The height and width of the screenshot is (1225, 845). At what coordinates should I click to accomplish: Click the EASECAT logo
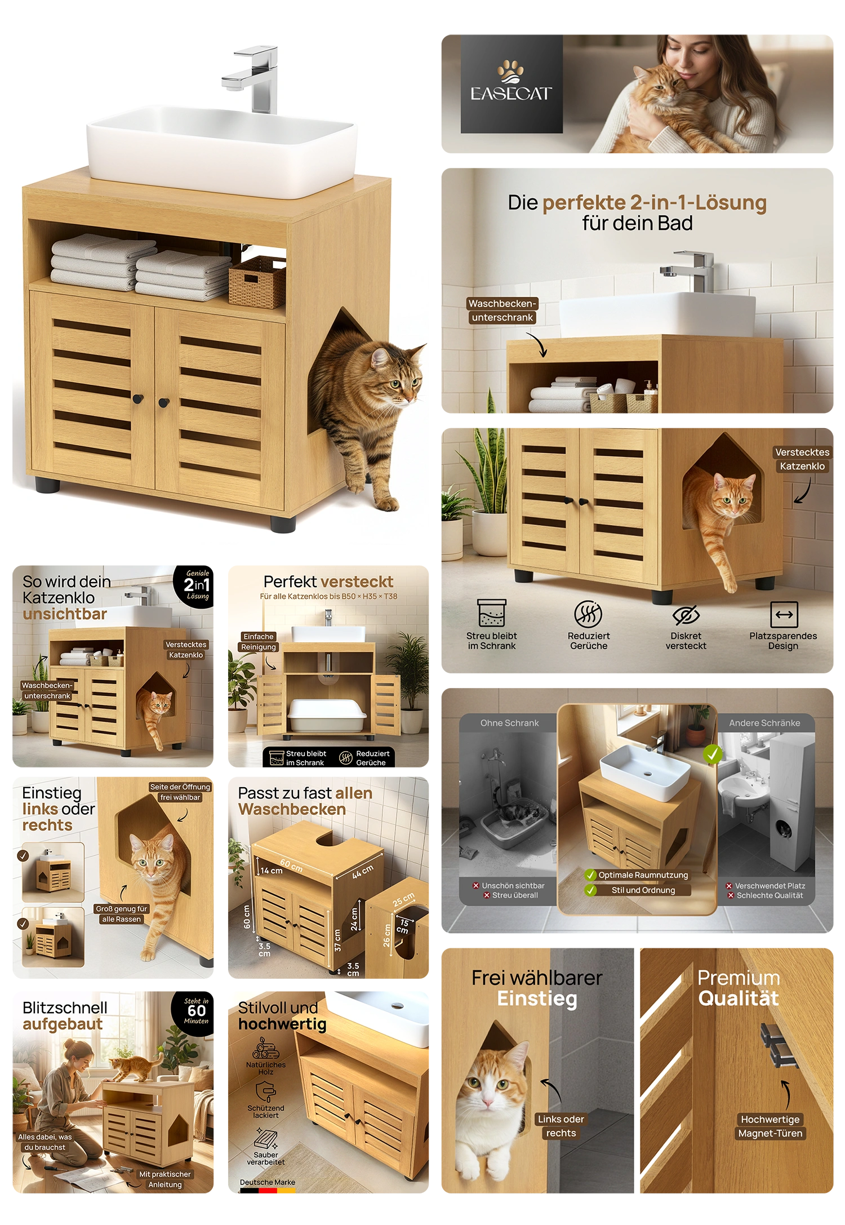point(512,84)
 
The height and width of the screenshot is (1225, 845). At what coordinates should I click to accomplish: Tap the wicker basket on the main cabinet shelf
point(257,282)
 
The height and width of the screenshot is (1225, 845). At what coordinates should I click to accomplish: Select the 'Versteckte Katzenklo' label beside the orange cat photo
point(802,459)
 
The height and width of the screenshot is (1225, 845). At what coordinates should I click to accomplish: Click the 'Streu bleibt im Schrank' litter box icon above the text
point(492,613)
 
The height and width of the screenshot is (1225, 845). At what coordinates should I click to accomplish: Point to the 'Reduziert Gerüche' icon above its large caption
point(588,614)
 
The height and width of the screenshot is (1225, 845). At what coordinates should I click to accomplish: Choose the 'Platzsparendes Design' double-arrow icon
point(784,614)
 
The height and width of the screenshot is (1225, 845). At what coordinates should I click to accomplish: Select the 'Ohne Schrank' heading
point(509,723)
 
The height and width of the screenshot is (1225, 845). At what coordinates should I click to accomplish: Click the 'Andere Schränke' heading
point(764,723)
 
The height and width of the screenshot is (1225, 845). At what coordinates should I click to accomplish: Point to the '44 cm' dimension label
point(363,872)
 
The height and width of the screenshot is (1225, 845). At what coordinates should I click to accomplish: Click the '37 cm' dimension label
point(337,940)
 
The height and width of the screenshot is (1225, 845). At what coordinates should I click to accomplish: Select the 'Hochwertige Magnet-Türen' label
point(770,1126)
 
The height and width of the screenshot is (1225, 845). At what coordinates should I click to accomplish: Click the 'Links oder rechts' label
point(561,1126)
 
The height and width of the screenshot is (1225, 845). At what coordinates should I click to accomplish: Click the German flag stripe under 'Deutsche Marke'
point(268,1191)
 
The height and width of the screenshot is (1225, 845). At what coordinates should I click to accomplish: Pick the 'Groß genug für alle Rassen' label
point(122,914)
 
